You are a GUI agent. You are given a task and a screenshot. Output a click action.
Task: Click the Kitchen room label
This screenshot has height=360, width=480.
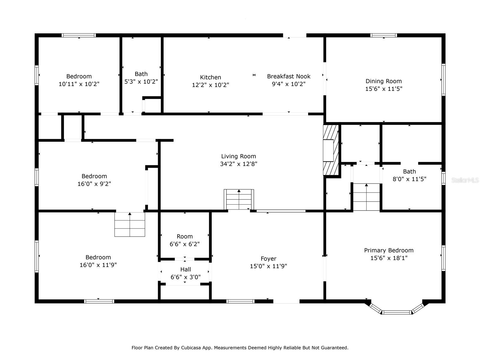(210, 77)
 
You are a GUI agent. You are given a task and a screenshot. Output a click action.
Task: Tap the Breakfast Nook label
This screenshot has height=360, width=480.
(289, 76)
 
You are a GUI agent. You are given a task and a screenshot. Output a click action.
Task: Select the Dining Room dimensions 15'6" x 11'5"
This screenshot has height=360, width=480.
(383, 89)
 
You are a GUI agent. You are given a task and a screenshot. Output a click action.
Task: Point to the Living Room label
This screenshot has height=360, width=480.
(238, 156)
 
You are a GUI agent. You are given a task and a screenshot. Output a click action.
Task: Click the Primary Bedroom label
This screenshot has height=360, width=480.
(388, 250)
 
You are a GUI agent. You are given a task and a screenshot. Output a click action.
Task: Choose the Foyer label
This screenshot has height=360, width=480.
(268, 259)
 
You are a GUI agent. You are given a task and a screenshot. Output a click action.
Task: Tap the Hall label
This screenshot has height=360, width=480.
(185, 269)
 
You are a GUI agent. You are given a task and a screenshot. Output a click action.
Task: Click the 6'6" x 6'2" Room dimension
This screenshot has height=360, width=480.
(184, 244)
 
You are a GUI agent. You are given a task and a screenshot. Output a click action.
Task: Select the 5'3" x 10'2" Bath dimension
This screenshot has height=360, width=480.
(141, 82)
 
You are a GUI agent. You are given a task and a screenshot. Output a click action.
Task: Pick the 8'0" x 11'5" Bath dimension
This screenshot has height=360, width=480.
(409, 179)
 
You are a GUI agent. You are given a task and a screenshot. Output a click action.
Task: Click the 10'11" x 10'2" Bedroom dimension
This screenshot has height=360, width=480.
(79, 84)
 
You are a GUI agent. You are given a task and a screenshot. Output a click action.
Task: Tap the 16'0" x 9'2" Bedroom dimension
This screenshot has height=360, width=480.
(94, 184)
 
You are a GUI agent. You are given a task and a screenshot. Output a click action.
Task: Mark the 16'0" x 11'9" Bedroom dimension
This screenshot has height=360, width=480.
(98, 265)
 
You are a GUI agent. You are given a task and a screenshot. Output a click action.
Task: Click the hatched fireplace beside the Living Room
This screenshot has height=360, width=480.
(331, 150)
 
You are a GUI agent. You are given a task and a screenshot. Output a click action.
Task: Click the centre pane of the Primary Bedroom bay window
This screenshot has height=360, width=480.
(397, 312)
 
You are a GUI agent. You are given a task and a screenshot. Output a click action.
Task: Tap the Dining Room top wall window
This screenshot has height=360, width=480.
(383, 35)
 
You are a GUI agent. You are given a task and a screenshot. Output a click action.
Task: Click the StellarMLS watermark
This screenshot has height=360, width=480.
(465, 180)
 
